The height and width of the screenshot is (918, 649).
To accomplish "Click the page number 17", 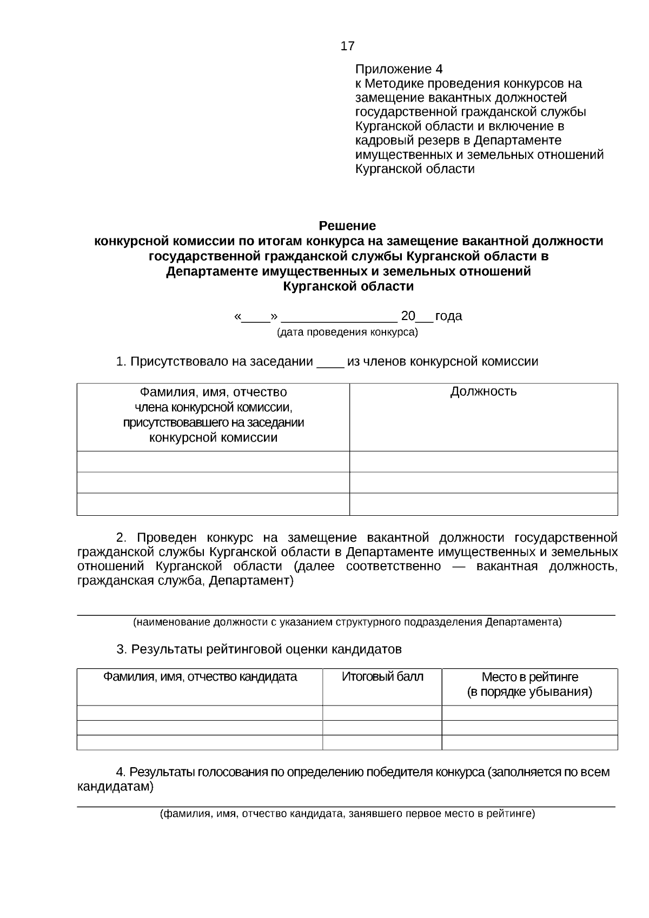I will click(347, 46).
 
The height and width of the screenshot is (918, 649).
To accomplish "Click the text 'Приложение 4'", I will click(399, 69).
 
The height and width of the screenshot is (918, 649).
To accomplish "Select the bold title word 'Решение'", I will click(347, 225).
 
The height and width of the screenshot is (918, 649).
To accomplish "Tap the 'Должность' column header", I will click(483, 391).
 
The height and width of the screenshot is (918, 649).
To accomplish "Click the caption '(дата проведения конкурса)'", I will click(347, 332).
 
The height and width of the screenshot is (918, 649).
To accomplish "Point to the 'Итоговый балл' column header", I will click(382, 677).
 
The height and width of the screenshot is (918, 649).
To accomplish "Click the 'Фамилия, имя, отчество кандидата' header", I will click(200, 677).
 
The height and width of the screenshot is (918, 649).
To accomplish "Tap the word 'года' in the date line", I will click(448, 316).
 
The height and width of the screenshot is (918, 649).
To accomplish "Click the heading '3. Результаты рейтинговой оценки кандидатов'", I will click(259, 649).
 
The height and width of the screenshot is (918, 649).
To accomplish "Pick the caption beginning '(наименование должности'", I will click(347, 622).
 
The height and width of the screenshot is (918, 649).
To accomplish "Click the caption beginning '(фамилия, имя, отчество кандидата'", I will click(347, 814).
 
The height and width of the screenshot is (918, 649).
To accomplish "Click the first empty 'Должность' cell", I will click(483, 462).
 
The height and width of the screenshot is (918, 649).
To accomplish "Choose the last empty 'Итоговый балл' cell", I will click(382, 742).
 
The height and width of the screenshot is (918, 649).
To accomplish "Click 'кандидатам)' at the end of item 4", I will click(115, 787).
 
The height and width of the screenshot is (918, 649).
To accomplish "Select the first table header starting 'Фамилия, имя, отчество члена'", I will click(213, 415).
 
